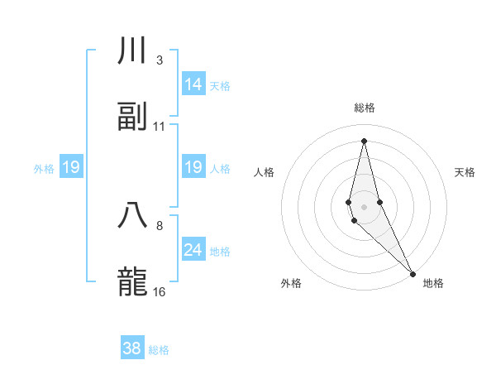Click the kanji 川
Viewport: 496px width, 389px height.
pos(132,52)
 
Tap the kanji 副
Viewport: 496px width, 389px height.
pos(132,117)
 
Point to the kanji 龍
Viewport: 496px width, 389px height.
pos(132,281)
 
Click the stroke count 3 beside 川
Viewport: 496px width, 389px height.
pos(159,60)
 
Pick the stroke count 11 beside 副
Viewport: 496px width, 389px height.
pos(160,126)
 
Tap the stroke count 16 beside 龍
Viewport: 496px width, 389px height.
pos(160,291)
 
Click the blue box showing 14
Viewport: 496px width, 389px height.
pos(193,84)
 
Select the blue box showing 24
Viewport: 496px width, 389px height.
pos(193,250)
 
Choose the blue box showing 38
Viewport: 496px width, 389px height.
pos(131,348)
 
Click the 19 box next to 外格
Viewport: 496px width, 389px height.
pos(70,168)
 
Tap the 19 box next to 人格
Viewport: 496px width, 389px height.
pos(193,167)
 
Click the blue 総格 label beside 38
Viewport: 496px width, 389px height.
pos(159,350)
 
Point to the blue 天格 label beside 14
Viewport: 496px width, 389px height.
pos(220,86)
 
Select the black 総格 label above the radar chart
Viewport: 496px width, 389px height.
pos(364,108)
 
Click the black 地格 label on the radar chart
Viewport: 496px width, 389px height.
pos(433,283)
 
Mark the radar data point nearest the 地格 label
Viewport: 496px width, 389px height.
pos(413,273)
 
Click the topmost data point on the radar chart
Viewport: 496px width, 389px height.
pos(364,140)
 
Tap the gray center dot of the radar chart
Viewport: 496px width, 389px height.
pos(364,206)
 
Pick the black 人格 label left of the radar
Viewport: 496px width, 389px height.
pos(265,172)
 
